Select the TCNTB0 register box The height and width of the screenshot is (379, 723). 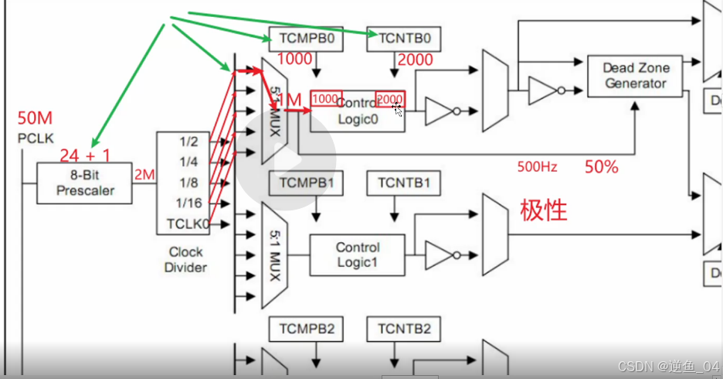coord(403,37)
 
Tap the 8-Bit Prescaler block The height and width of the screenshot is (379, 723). coord(85,183)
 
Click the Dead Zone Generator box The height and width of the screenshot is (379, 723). coord(636,76)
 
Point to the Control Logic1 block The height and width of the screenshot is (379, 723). coord(357,255)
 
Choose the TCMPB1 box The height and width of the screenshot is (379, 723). coord(305,183)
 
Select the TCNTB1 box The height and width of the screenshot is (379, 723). coord(403,183)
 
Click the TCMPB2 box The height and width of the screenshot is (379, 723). coord(305,329)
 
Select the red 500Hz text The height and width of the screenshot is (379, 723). coord(538,166)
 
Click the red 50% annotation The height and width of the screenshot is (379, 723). coord(601,166)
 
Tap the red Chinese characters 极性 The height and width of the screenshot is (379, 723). coord(544,210)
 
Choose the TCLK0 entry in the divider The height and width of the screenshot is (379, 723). coord(188,225)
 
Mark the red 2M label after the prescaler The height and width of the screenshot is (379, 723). coord(144,175)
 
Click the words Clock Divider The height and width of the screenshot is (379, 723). coord(186,259)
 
